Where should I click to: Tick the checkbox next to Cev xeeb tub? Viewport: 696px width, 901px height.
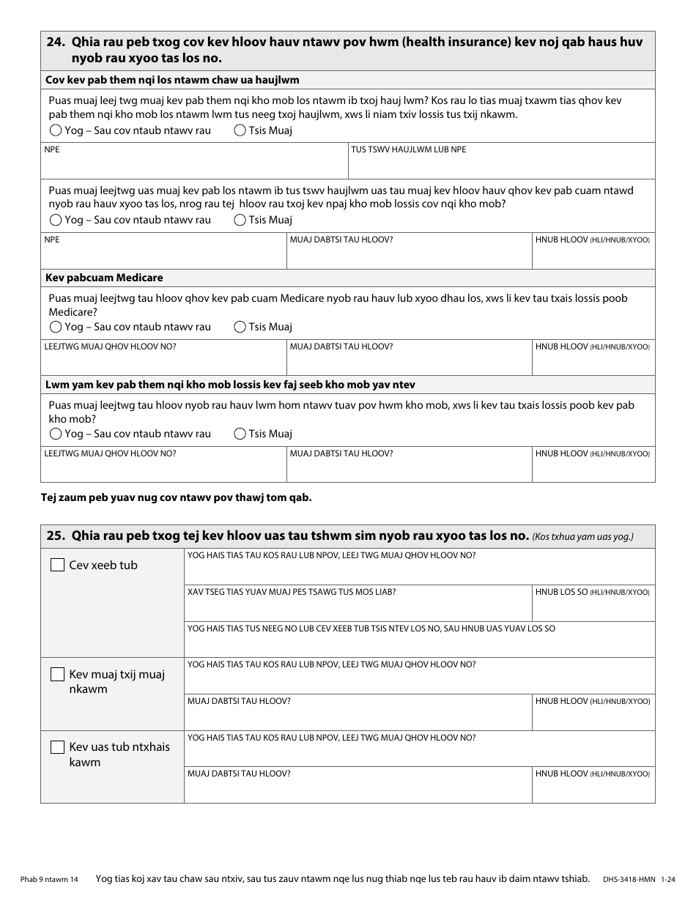57,566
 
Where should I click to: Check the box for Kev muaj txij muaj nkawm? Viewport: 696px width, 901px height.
57,675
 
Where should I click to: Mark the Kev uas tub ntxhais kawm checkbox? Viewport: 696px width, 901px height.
57,747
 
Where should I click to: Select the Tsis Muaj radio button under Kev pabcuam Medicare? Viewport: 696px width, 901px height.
240,327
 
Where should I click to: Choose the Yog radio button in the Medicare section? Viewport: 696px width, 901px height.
56,327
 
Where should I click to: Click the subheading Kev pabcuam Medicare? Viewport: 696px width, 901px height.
104,278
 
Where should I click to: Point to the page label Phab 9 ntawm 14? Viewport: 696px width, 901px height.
49,879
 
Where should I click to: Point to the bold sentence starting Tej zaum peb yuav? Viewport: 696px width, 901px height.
176,497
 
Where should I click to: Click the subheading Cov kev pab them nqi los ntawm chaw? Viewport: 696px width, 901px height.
172,80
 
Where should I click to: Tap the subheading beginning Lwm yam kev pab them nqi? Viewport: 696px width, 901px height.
231,385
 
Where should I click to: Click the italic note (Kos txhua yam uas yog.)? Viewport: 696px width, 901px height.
582,536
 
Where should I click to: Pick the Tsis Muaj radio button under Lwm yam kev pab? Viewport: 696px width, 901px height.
240,434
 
